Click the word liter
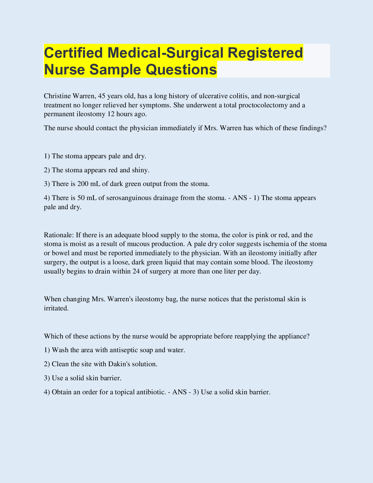click(229, 271)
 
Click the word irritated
click(55, 308)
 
